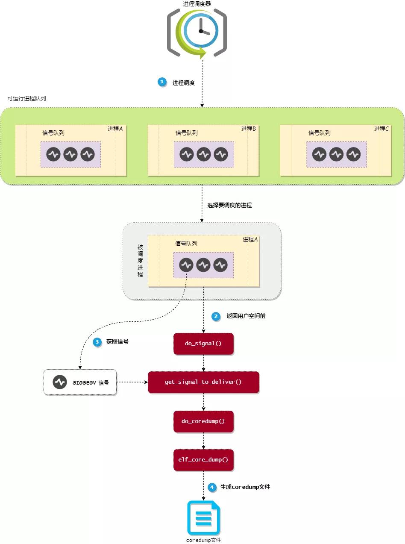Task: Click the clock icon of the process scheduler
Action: coord(197,32)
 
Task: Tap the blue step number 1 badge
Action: coord(162,82)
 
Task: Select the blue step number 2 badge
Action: coord(216,316)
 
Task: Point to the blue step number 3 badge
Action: coord(97,342)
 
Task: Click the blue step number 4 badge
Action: coord(212,487)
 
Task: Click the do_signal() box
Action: coord(203,344)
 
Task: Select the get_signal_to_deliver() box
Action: coord(203,382)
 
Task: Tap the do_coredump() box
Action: coord(203,421)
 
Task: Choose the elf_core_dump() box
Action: coord(203,460)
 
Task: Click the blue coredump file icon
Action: coord(204,518)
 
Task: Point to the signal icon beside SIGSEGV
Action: coord(60,382)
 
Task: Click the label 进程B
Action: coord(249,129)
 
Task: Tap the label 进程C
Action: coord(381,129)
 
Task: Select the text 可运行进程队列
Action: coord(26,98)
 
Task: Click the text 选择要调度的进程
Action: coord(229,205)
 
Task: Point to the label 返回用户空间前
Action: coord(246,316)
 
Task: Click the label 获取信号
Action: coord(117,341)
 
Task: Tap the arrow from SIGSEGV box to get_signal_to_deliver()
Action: coord(132,382)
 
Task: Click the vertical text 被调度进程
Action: coord(140,261)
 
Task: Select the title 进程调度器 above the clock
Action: coord(197,4)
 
